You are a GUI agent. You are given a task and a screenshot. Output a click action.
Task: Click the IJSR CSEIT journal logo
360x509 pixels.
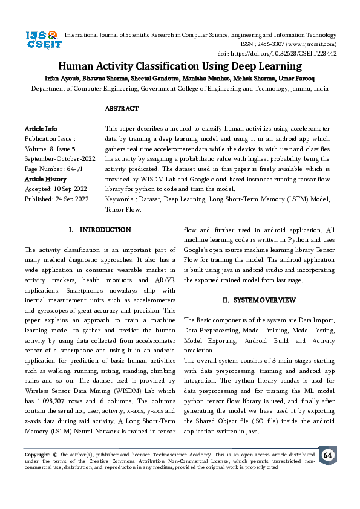click(41, 40)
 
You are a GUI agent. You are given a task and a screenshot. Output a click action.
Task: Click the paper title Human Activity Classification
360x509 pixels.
click(180, 66)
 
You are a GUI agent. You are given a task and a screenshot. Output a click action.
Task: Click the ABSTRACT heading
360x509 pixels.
click(122, 109)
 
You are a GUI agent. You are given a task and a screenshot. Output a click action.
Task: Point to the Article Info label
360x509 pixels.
click(41, 129)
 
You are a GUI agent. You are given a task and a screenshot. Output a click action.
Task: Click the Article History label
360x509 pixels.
click(45, 180)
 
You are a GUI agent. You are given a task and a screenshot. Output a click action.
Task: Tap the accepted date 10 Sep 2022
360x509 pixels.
click(68, 188)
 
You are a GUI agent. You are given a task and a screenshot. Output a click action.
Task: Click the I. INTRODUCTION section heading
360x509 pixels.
click(100, 230)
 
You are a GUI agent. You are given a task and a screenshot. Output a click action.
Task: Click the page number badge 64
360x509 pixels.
click(327, 455)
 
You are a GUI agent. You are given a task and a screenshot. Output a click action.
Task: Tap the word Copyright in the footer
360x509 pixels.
click(36, 454)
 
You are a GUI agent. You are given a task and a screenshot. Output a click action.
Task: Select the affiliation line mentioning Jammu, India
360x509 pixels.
click(180, 88)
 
